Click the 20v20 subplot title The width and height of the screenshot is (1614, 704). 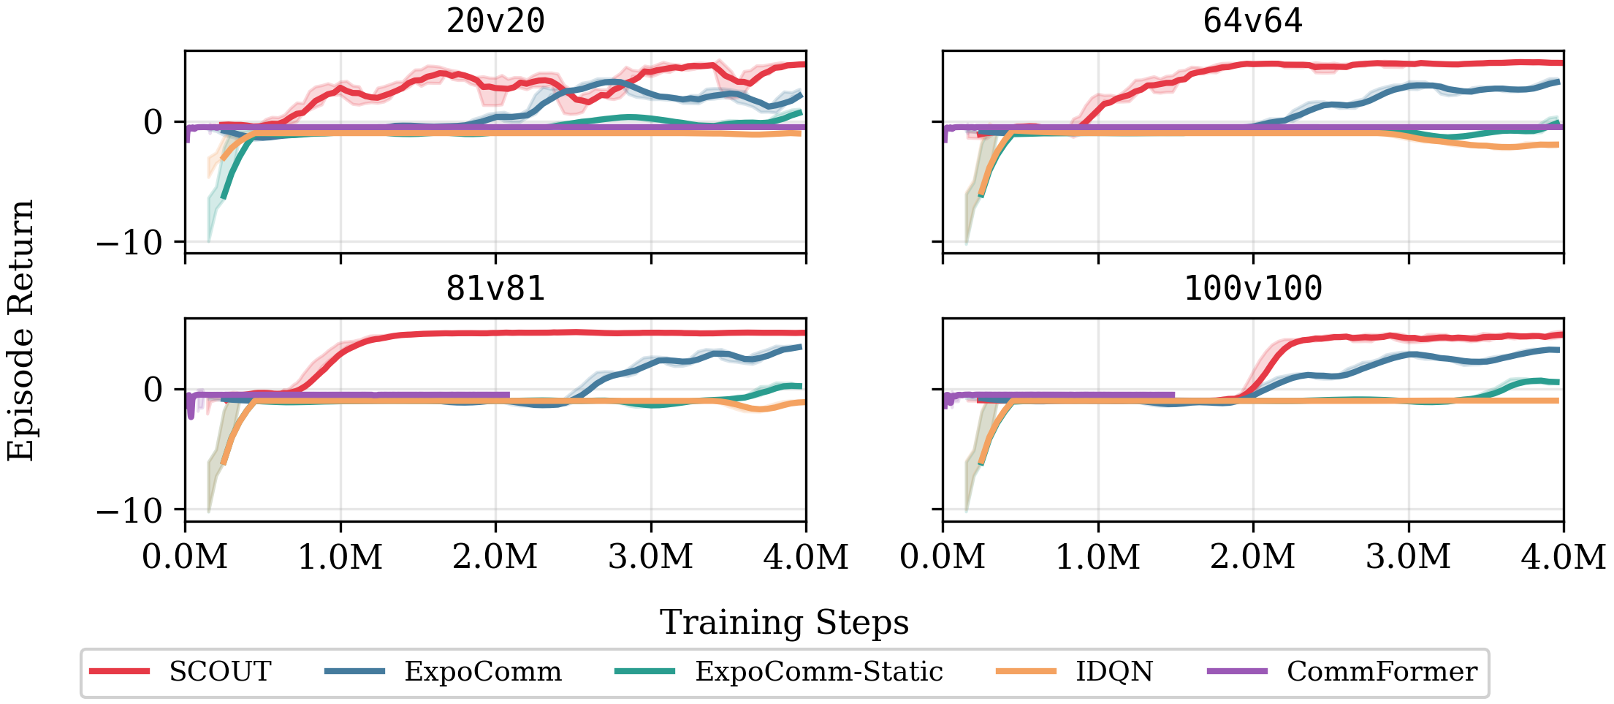pos(495,21)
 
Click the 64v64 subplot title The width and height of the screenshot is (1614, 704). pos(1252,21)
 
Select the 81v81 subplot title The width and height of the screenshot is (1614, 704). pos(495,289)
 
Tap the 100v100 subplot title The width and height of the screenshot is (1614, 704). pos(1252,289)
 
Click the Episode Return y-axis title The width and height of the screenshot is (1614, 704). pos(21,330)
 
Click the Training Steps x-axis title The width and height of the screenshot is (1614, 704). pos(784,623)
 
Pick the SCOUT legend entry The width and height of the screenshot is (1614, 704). pos(220,671)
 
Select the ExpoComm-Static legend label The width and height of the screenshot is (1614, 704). pos(818,671)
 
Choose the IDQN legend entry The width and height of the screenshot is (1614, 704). pos(1114,671)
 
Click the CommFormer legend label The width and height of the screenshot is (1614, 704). pos(1382,671)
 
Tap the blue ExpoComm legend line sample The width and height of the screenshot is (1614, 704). pos(354,671)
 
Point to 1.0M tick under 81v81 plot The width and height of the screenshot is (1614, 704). pos(340,557)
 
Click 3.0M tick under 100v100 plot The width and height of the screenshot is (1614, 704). pos(1408,557)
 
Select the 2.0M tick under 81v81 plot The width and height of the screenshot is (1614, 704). pos(495,557)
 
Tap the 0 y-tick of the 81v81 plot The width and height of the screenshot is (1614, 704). pos(153,390)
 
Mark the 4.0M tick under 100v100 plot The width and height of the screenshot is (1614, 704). pos(1563,557)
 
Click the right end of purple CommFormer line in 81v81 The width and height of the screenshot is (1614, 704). pos(508,395)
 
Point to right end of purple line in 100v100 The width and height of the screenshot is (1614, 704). pos(1173,395)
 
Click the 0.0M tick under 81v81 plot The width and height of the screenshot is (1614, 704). pos(186,557)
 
